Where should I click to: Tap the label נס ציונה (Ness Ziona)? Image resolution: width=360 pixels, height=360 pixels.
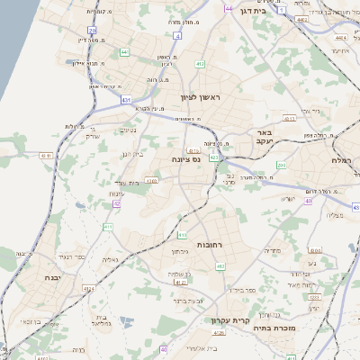[185, 157]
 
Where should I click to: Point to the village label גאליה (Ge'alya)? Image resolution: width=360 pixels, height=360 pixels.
[110, 260]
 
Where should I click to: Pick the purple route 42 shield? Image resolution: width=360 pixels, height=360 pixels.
[117, 204]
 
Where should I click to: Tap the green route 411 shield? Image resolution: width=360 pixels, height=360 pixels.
[108, 227]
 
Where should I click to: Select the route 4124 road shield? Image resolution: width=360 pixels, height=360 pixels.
[90, 289]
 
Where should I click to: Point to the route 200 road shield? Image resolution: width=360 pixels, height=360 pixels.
[282, 166]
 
